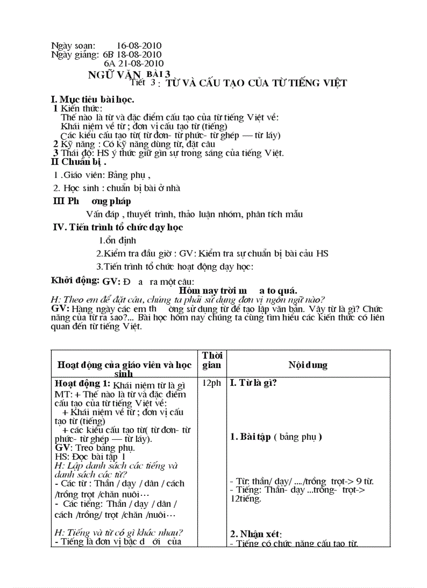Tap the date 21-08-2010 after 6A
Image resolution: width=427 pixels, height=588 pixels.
(x=141, y=63)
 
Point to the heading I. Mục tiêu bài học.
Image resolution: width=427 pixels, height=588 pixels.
(x=93, y=99)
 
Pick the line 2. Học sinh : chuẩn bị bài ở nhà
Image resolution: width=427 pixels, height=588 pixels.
(x=117, y=188)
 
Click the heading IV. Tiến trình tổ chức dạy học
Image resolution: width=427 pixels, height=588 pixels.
(x=118, y=227)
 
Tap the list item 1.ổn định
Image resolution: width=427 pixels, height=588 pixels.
(x=118, y=240)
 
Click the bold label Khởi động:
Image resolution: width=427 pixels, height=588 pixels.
(x=75, y=280)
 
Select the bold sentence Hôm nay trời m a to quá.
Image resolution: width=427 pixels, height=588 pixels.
(x=238, y=291)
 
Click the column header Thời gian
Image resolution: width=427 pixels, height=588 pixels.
(x=211, y=360)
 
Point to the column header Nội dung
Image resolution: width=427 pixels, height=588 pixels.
(x=308, y=365)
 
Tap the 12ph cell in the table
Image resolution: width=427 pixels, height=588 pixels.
(x=211, y=383)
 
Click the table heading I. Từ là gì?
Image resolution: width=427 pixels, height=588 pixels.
(x=253, y=383)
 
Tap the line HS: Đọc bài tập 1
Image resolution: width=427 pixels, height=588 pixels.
(x=90, y=456)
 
